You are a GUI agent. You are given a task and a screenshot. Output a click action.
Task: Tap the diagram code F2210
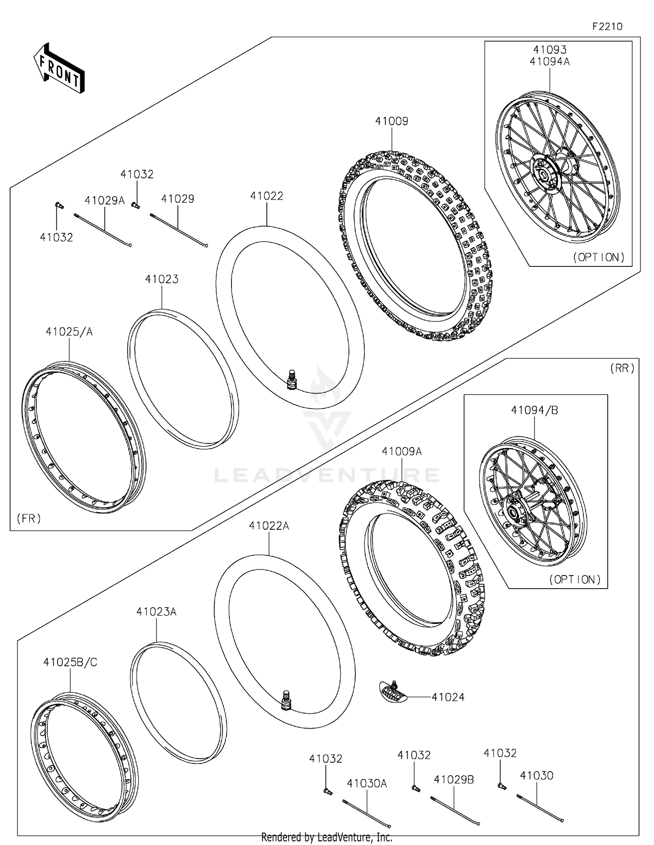[607, 27]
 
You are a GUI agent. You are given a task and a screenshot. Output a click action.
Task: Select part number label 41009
[392, 121]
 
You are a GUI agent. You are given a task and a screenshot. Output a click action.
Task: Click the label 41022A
[269, 526]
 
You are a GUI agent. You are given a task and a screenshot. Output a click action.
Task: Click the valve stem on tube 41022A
[286, 701]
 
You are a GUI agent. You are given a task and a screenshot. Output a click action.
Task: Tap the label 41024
[448, 697]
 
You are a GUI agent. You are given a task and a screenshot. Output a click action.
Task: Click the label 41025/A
[69, 332]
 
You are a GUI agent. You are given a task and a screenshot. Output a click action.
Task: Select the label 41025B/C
[70, 662]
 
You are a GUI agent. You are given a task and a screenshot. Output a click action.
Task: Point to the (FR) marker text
[29, 518]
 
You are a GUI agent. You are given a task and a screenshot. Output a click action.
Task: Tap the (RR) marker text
[622, 368]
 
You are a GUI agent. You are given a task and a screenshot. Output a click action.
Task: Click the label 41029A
[105, 201]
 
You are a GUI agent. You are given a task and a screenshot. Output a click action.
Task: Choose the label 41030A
[367, 784]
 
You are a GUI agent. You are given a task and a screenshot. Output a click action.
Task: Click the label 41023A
[156, 612]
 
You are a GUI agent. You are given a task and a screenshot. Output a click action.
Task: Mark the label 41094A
[549, 61]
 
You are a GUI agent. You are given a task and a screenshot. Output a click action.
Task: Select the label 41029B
[453, 780]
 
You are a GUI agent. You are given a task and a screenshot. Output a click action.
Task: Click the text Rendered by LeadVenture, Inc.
[327, 837]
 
